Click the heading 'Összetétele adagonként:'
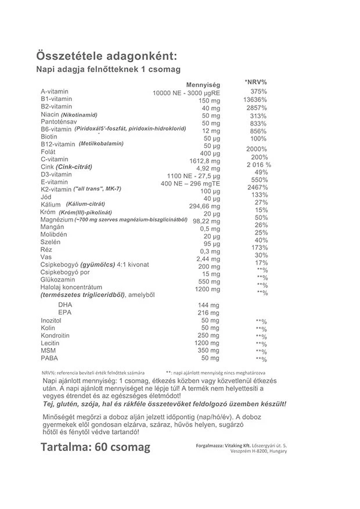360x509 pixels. [105, 56]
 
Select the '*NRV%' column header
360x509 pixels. [256, 82]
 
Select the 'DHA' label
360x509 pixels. [65, 305]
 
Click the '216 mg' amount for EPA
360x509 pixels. [208, 313]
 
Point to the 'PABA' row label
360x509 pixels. [49, 358]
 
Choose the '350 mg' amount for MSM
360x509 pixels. [208, 351]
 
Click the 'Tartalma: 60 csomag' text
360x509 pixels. [96, 447]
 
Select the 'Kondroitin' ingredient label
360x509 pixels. [56, 335]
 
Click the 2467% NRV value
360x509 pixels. [257, 187]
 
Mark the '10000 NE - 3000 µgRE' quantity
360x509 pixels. [186, 93]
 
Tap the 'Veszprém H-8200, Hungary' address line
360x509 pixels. [258, 451]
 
